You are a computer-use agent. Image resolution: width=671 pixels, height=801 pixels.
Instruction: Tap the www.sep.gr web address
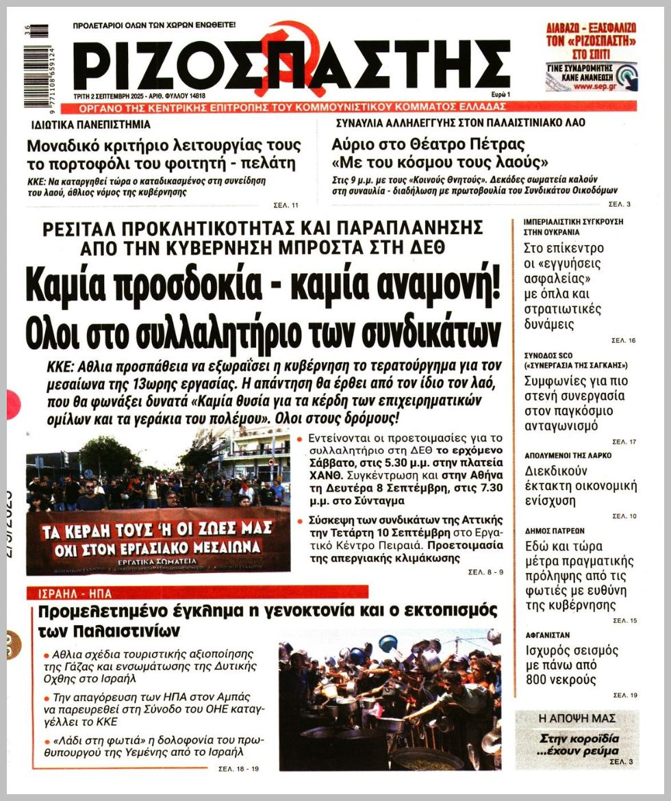pos(592,87)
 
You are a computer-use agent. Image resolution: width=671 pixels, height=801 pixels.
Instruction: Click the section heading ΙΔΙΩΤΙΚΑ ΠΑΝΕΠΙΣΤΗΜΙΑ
pos(91,125)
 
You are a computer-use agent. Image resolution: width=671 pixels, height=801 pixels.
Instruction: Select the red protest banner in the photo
pos(157,538)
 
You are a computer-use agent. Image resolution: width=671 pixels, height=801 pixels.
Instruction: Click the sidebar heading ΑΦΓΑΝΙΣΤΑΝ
pos(547,635)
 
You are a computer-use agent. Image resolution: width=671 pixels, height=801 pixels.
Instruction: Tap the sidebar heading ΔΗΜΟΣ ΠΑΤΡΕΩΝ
pos(555,531)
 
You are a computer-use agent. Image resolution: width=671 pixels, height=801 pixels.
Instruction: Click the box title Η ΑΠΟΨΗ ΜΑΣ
pos(577,719)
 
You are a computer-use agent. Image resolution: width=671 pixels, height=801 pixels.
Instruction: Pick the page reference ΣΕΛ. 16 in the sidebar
pos(624,340)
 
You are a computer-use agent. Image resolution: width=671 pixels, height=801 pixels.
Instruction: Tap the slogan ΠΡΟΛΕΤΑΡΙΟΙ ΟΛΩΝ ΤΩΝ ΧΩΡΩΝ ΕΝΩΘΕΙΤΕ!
pos(154,25)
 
